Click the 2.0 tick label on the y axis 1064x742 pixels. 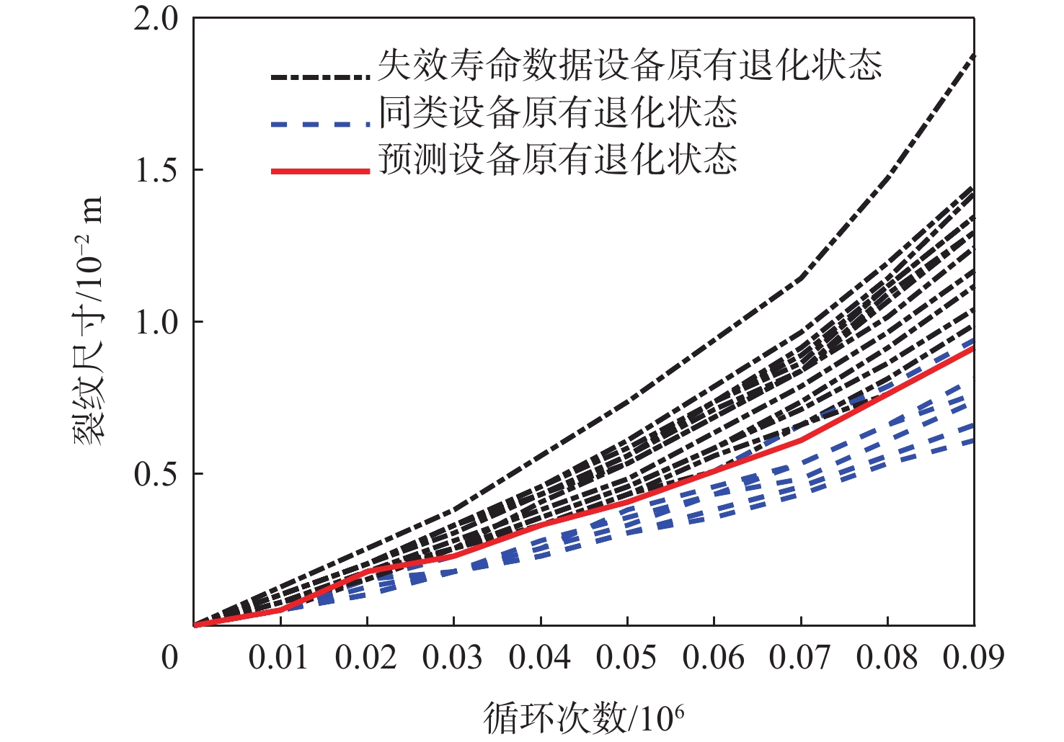click(x=156, y=19)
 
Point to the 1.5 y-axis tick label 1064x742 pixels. click(x=156, y=171)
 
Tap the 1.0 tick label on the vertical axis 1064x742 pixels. click(x=156, y=323)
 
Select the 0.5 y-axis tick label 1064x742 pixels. click(x=156, y=475)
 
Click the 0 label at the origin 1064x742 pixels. click(x=169, y=657)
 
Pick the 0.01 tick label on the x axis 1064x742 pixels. click(x=279, y=657)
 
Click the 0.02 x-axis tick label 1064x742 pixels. click(x=366, y=657)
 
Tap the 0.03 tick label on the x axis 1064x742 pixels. click(x=453, y=657)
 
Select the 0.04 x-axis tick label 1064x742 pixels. click(x=540, y=657)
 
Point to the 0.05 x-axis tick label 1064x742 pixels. click(x=626, y=657)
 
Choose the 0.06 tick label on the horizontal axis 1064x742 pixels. click(x=714, y=657)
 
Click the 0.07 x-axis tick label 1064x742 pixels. click(x=800, y=657)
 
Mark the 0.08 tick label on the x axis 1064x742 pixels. click(x=887, y=657)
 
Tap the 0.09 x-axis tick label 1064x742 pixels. click(x=973, y=657)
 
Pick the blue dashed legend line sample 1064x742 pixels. click(x=321, y=124)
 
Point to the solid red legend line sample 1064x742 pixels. click(x=321, y=171)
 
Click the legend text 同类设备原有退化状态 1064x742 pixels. click(x=558, y=113)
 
